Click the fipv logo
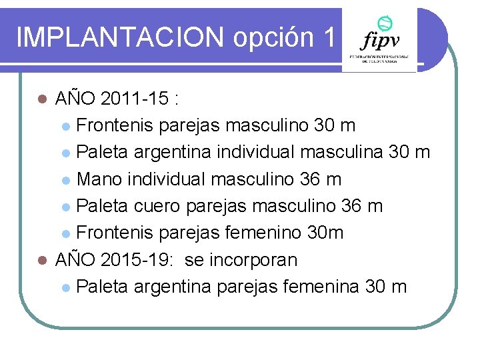379,41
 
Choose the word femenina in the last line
322,287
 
